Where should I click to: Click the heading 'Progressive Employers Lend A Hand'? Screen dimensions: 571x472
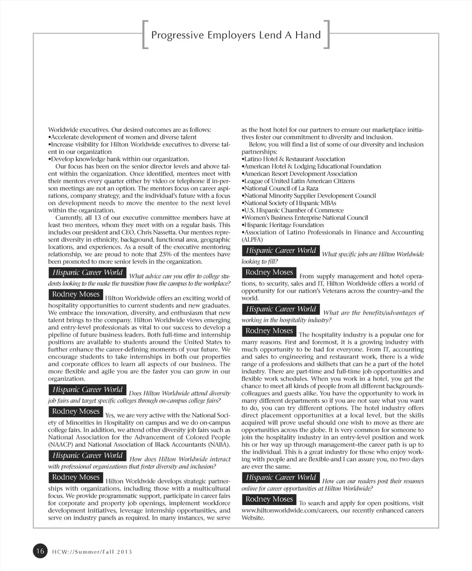click(236, 35)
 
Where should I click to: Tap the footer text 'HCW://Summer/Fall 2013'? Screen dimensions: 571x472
click(92, 551)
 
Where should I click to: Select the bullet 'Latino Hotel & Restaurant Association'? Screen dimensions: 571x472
click(294, 159)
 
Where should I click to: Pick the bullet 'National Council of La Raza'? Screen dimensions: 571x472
click(281, 188)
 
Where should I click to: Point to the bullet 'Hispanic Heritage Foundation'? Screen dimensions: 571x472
click(284, 225)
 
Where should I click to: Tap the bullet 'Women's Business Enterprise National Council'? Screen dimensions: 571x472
click(306, 217)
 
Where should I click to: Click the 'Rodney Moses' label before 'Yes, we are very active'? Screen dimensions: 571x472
click(76, 411)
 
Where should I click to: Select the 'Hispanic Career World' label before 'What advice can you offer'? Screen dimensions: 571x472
click(87, 272)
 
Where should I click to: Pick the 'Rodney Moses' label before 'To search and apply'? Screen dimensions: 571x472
click(269, 499)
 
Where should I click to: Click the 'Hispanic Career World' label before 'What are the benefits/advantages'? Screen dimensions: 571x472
click(280, 309)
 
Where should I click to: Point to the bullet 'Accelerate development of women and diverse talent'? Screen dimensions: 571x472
click(123, 137)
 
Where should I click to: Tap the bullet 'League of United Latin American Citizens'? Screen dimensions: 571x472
click(299, 181)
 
